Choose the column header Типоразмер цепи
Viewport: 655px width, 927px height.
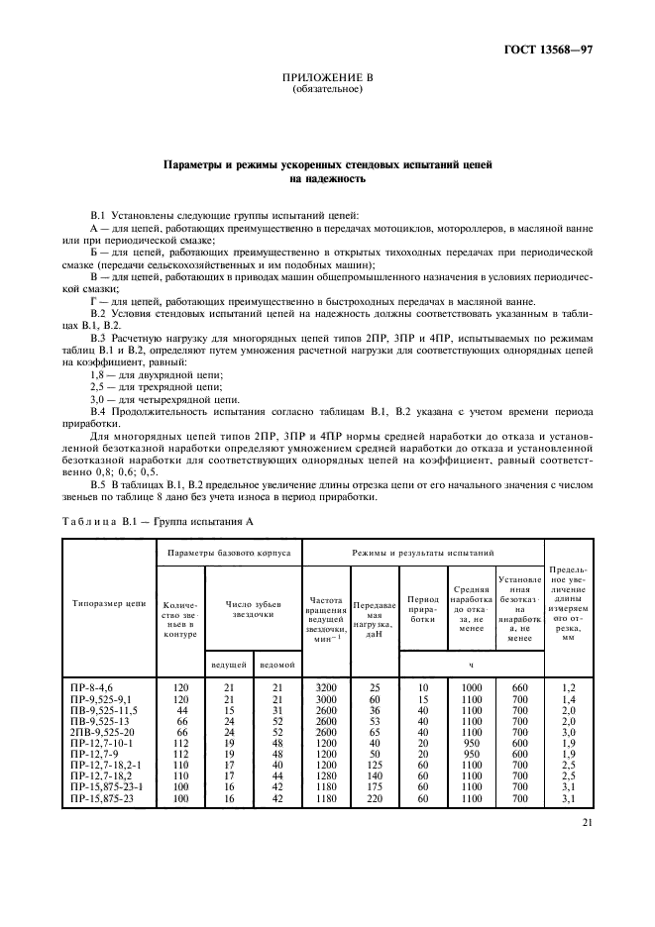point(109,602)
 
